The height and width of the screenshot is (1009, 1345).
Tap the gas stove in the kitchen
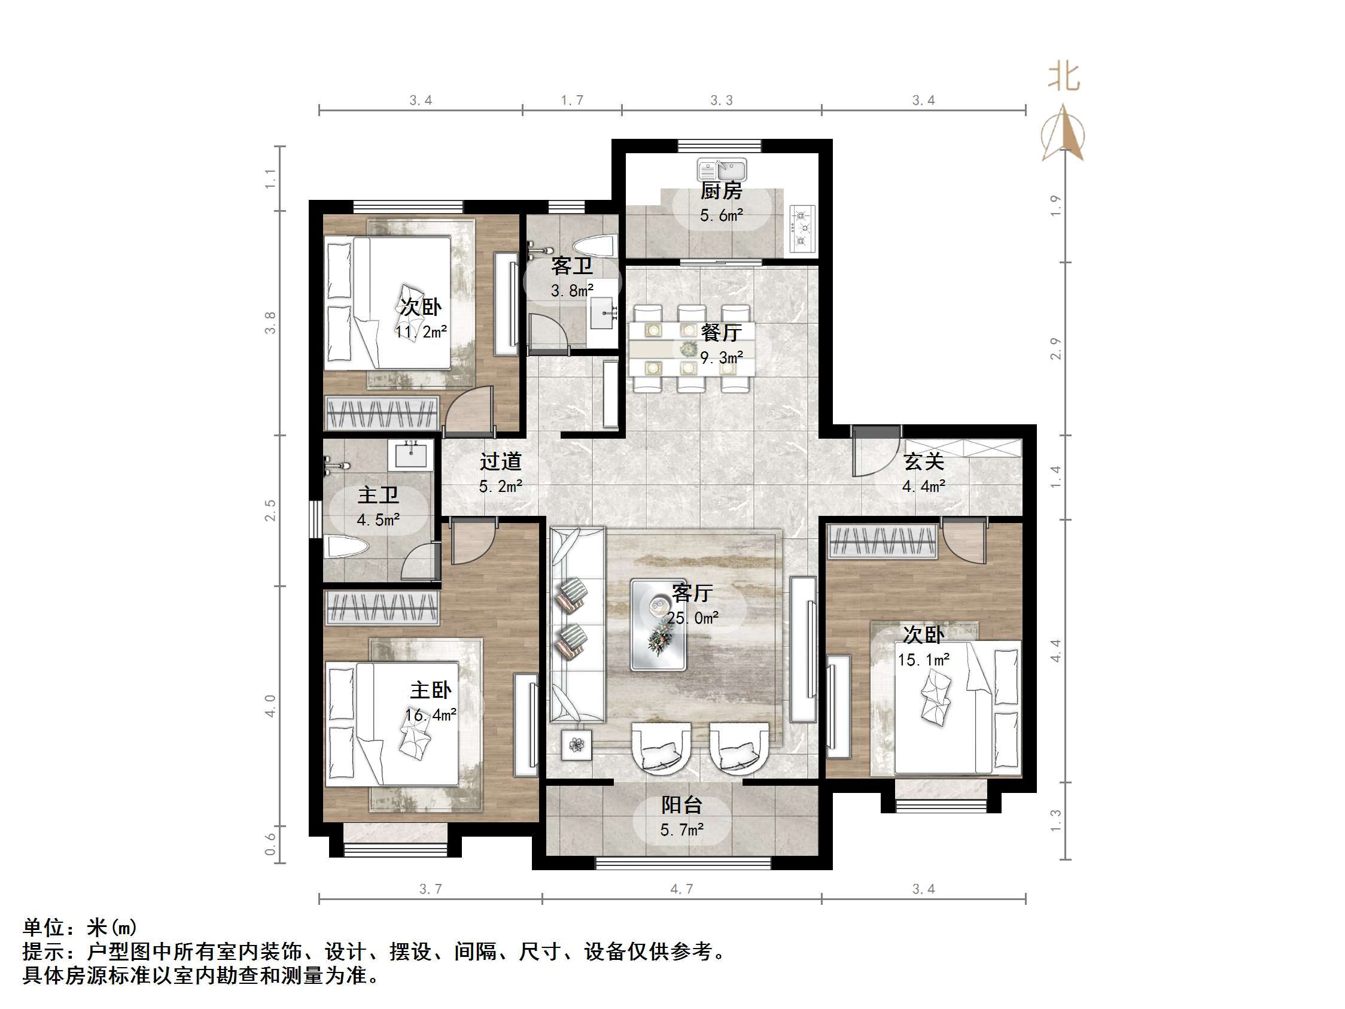pyautogui.click(x=802, y=228)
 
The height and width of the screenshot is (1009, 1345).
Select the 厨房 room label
pyautogui.click(x=721, y=191)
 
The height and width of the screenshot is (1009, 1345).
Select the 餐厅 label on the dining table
pyautogui.click(x=721, y=333)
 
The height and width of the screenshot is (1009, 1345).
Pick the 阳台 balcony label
pyautogui.click(x=681, y=806)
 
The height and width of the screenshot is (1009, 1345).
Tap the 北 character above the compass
pyautogui.click(x=1063, y=78)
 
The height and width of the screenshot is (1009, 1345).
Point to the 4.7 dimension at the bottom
pyautogui.click(x=681, y=889)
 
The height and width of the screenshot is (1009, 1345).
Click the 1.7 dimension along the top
pyautogui.click(x=571, y=101)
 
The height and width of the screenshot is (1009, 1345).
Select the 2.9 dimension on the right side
pyautogui.click(x=1055, y=348)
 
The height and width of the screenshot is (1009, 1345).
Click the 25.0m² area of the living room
pyautogui.click(x=693, y=619)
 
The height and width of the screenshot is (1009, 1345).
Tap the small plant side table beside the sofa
pyautogui.click(x=576, y=744)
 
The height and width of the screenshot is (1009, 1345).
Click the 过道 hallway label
pyautogui.click(x=500, y=461)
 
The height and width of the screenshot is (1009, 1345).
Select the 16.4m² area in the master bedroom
pyautogui.click(x=431, y=715)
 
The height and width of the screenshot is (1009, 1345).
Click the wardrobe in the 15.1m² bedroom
pyautogui.click(x=883, y=541)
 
